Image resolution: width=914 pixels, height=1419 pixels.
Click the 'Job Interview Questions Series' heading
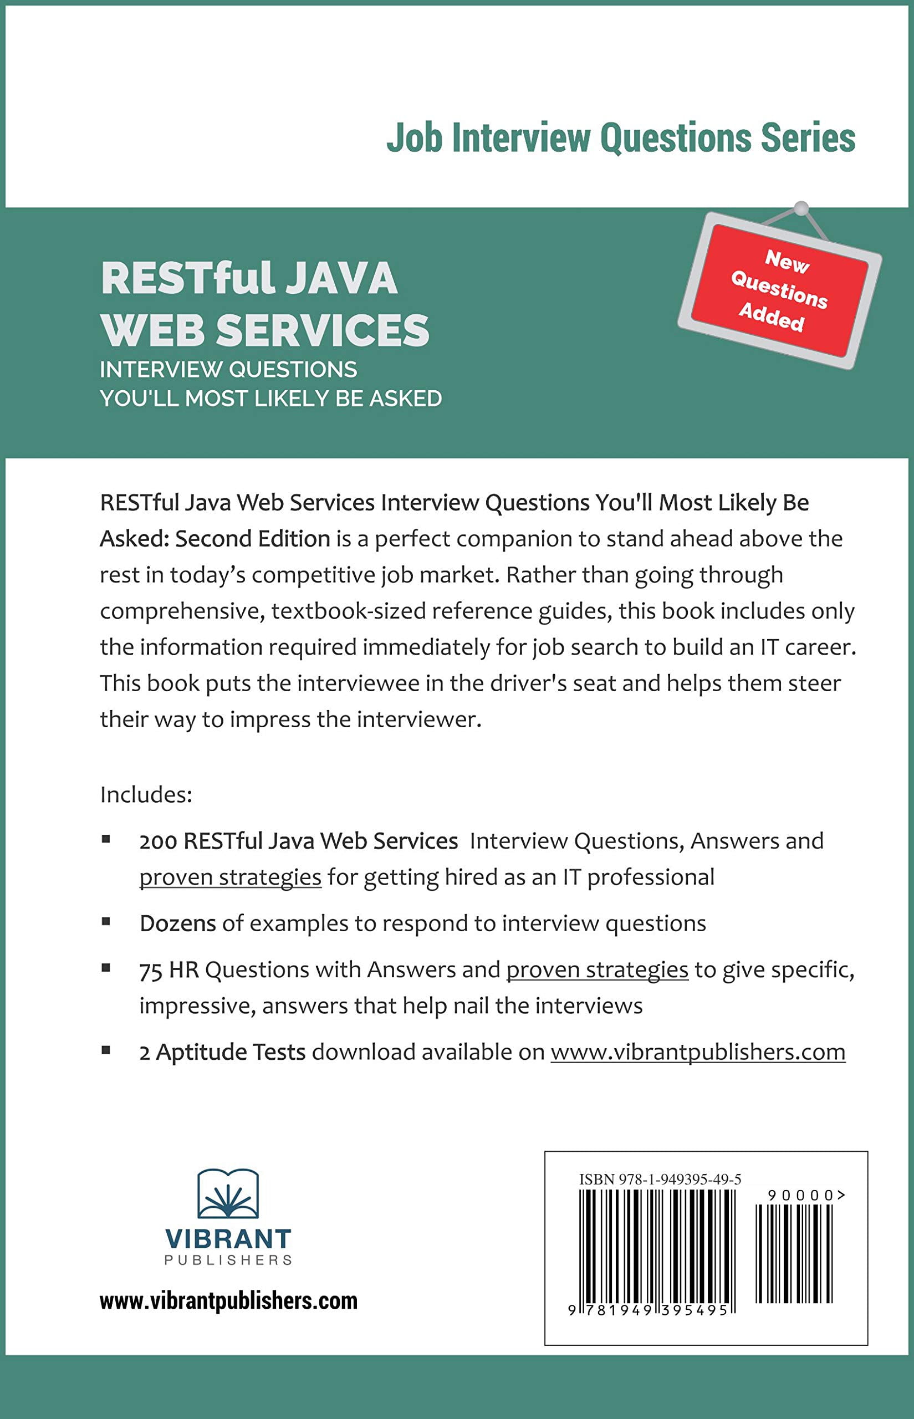pos(621,137)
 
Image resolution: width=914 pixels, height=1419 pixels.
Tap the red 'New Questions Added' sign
pos(780,291)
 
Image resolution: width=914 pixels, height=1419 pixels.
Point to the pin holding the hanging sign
pos(801,208)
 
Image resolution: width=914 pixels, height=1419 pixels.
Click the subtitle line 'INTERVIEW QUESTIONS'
pos(228,369)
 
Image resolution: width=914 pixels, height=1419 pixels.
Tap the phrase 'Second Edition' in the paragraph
pos(253,538)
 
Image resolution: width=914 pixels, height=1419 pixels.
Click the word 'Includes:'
pos(146,794)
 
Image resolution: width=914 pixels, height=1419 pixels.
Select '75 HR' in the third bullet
pos(169,969)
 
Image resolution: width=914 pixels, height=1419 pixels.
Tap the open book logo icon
pos(228,1194)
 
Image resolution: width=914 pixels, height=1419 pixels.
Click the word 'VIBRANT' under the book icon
pos(228,1239)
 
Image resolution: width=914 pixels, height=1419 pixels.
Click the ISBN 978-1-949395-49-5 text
pos(660,1179)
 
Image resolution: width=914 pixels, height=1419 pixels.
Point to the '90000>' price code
pos(806,1195)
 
